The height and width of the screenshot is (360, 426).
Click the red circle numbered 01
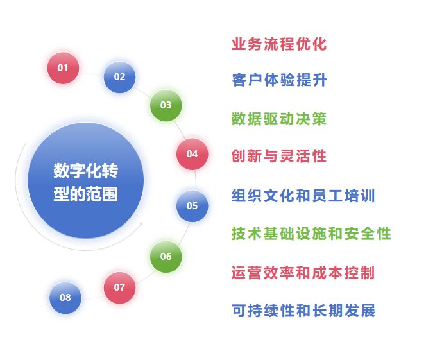coord(63,67)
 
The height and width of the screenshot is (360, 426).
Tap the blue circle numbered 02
coord(119,77)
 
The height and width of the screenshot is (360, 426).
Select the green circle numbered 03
coord(166,105)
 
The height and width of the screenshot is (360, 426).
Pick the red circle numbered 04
coord(192,154)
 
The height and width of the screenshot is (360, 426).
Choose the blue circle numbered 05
coord(192,206)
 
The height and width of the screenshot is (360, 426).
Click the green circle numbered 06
coord(166,257)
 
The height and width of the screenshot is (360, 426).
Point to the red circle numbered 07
coord(119,287)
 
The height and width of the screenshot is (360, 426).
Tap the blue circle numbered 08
coord(65,298)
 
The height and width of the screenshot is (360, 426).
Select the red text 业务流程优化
coord(279,44)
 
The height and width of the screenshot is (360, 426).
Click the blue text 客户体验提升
coord(279,80)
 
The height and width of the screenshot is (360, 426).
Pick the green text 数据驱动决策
coord(279,119)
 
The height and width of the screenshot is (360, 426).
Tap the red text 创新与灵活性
coord(279,156)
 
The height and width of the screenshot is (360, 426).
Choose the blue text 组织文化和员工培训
coord(303,196)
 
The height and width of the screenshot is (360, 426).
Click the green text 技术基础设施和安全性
coord(311,234)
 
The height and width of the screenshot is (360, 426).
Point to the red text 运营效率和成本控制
coord(303,272)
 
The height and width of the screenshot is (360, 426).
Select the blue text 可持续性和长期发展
coord(303,311)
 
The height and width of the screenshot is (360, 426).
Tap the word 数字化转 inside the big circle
coord(85,171)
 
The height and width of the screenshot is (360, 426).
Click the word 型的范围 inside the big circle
coord(85,193)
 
